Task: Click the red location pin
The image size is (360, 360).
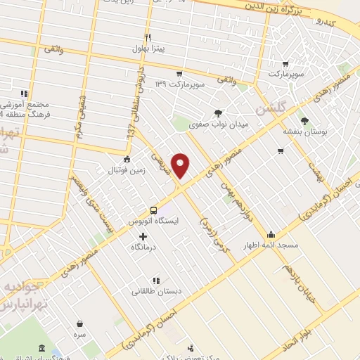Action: point(181,165)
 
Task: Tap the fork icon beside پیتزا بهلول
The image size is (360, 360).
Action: point(148,37)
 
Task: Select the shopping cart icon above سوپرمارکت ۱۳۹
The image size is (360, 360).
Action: point(180,73)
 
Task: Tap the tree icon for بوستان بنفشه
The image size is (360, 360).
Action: point(304,120)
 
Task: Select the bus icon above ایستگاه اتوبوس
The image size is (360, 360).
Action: point(153,210)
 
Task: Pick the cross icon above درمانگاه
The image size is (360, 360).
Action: point(144,236)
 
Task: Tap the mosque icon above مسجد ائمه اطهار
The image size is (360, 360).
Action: point(272,234)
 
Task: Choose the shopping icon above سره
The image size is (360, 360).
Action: point(80,323)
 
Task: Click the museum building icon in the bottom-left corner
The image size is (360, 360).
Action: point(41,349)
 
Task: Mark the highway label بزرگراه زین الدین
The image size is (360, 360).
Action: point(279,10)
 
